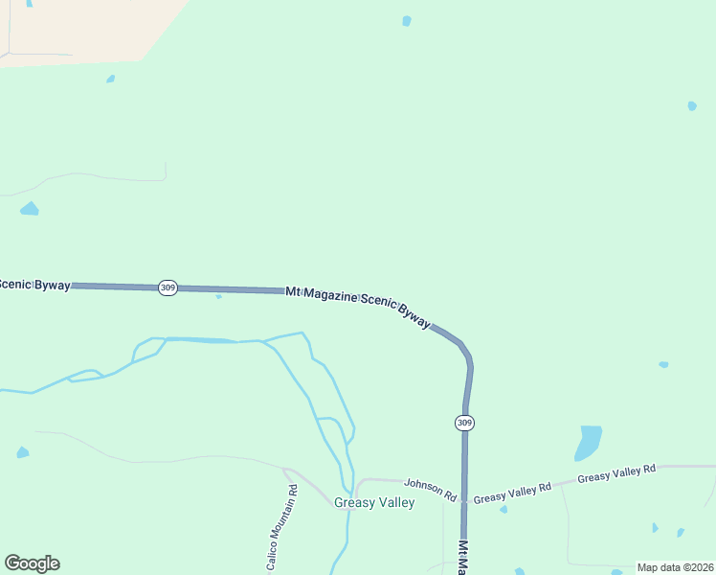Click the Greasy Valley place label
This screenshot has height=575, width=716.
[x=374, y=502]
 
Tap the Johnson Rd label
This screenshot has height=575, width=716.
[x=430, y=489]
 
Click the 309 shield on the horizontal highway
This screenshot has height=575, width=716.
[x=168, y=287]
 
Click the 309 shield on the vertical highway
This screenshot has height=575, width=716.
[x=465, y=423]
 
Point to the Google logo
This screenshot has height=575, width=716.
[x=32, y=563]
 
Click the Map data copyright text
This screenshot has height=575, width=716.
[x=675, y=567]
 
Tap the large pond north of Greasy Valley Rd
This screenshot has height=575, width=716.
[x=589, y=442]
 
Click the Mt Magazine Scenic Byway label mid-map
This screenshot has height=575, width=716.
[x=358, y=305]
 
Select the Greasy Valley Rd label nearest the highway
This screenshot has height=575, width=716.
[x=512, y=493]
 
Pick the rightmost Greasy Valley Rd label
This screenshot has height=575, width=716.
[x=616, y=472]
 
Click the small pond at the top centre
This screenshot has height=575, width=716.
[x=407, y=21]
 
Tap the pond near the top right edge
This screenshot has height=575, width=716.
[x=691, y=105]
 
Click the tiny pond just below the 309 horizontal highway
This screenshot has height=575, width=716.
[x=218, y=296]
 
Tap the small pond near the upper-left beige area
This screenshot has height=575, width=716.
[x=111, y=79]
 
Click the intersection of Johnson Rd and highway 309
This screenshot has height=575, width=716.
[x=464, y=499]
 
